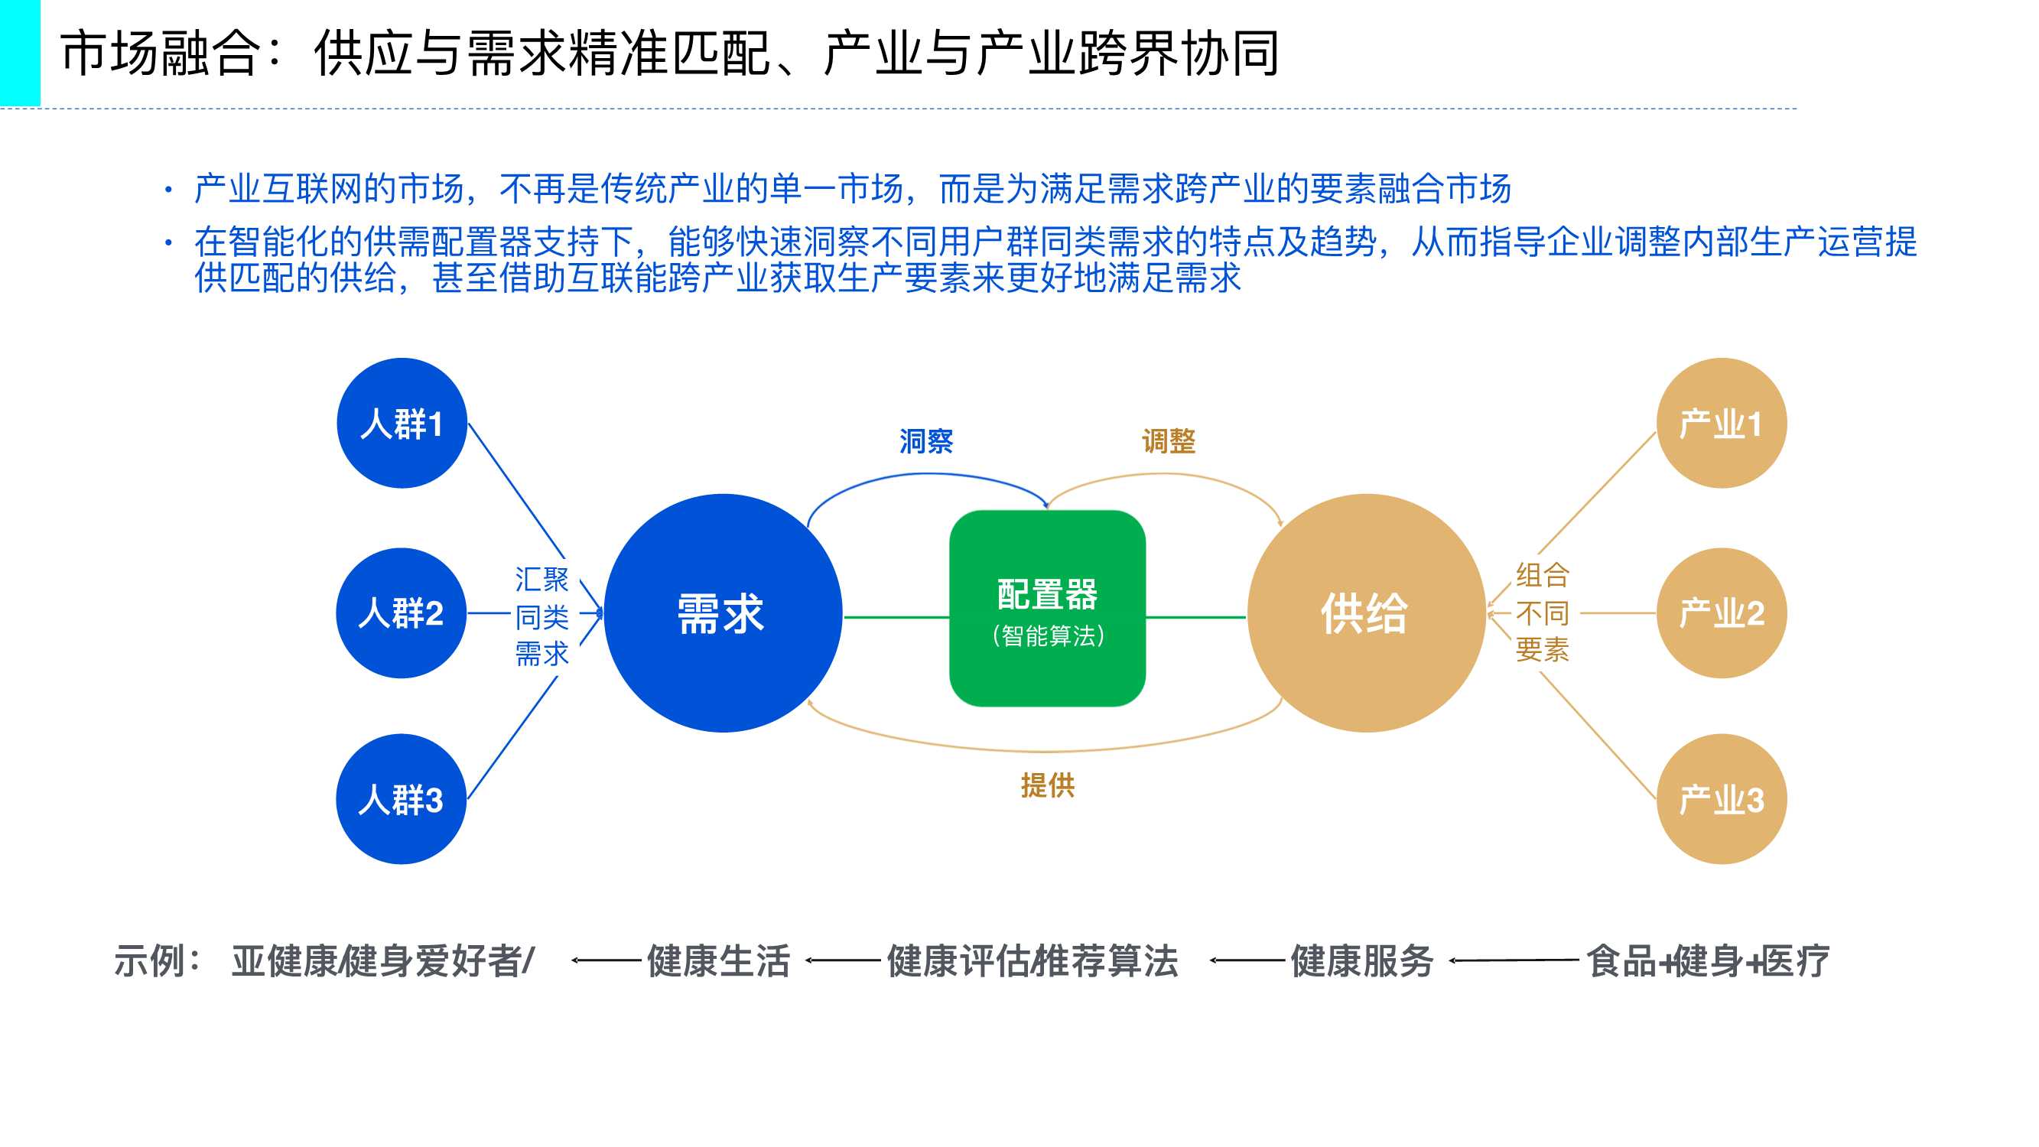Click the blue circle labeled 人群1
click(402, 423)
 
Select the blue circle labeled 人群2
click(402, 612)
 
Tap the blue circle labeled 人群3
click(402, 799)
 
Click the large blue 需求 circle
click(722, 612)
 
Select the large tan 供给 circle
click(1365, 612)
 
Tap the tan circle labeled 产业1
click(1721, 423)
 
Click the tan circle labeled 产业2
click(1721, 612)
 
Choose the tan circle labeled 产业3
click(1721, 799)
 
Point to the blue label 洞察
click(926, 441)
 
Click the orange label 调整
click(1169, 441)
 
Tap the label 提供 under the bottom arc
click(1047, 785)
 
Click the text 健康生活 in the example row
click(718, 961)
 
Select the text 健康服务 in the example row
click(1361, 961)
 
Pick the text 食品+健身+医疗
click(1707, 961)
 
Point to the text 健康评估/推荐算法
click(1033, 961)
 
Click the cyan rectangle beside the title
click(20, 52)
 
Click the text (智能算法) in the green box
click(1048, 635)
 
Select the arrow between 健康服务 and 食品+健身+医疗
click(1514, 961)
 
